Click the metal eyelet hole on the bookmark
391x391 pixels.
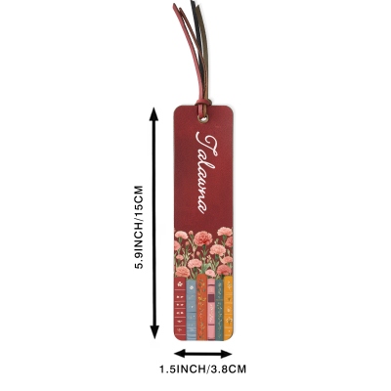click(x=204, y=119)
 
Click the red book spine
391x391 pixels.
click(x=180, y=308)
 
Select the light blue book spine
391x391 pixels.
click(x=192, y=310)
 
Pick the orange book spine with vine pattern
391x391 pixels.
click(x=201, y=307)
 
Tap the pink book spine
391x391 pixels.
click(x=211, y=309)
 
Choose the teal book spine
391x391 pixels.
click(x=219, y=310)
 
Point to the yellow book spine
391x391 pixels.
click(x=228, y=308)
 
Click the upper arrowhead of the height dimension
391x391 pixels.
click(x=153, y=114)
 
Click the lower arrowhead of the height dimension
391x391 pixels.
click(x=154, y=332)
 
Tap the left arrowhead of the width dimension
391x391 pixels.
click(x=180, y=354)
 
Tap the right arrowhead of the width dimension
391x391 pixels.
click(x=226, y=354)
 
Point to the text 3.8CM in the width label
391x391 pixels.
click(x=228, y=369)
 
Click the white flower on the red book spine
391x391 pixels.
click(x=180, y=284)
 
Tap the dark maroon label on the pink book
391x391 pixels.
click(x=211, y=298)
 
